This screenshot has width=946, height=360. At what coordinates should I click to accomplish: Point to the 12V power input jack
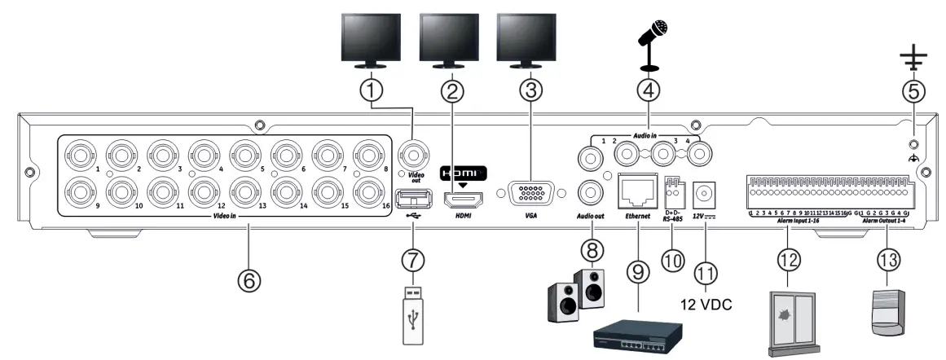pos(706,194)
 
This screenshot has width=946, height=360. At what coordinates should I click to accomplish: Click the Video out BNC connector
pos(412,152)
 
